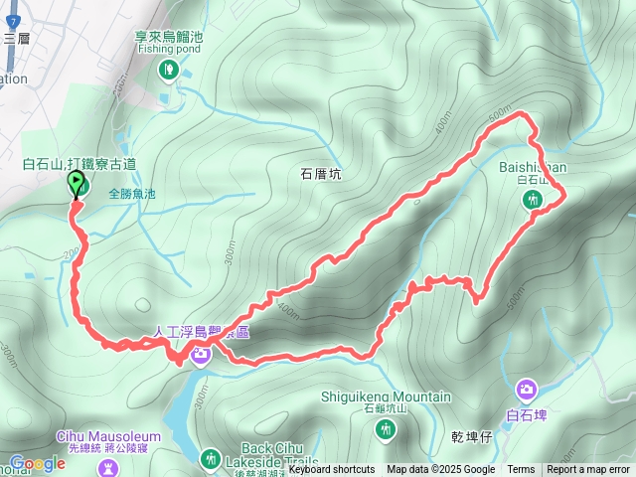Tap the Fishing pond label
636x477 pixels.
coord(169,47)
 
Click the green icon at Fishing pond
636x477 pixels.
coord(169,69)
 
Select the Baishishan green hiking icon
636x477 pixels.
coord(533,200)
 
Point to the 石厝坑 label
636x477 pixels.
coord(320,173)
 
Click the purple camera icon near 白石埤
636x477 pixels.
coord(526,389)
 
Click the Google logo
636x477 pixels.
coord(37,463)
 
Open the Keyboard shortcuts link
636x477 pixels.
coord(332,470)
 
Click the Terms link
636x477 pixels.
coord(521,470)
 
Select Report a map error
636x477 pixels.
coord(588,470)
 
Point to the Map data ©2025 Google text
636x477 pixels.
coord(440,470)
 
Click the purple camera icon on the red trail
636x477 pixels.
coord(201,354)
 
